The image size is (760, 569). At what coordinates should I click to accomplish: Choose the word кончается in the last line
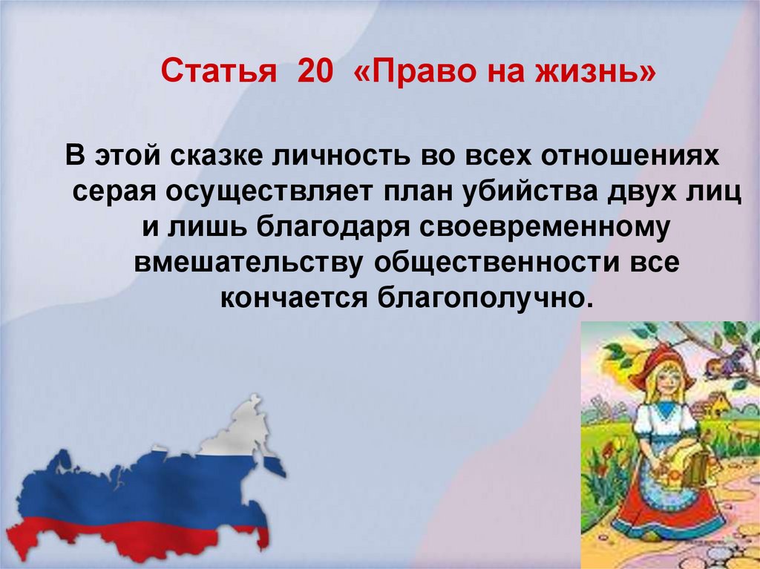(294, 298)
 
